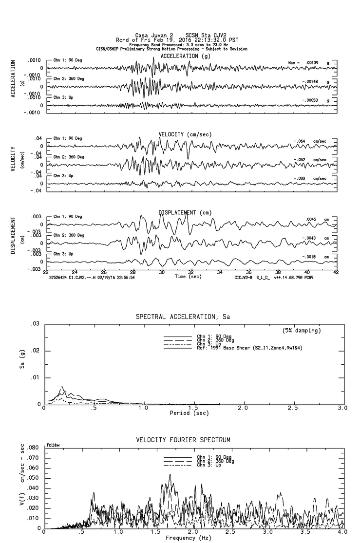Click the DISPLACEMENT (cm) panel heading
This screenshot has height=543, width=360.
184,213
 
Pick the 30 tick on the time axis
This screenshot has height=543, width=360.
162,273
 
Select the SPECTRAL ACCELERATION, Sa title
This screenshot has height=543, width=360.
182,317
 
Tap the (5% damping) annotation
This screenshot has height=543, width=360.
302,331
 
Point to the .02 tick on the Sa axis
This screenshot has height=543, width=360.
35,351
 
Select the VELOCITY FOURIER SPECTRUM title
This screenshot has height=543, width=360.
182,440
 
